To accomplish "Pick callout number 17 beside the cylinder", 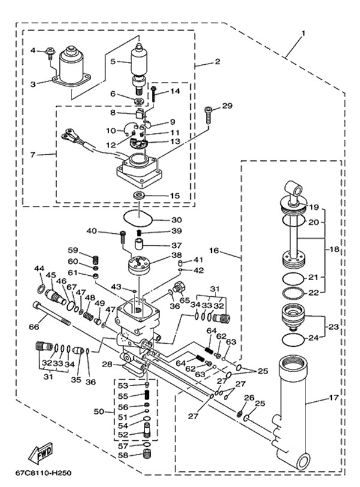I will click(x=333, y=397).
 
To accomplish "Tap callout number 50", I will click(x=100, y=411).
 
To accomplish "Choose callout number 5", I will click(x=112, y=61).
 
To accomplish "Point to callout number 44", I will click(x=39, y=268).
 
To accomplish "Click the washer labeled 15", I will click(x=139, y=196).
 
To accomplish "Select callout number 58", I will click(x=122, y=456).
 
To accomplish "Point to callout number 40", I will click(x=92, y=231).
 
